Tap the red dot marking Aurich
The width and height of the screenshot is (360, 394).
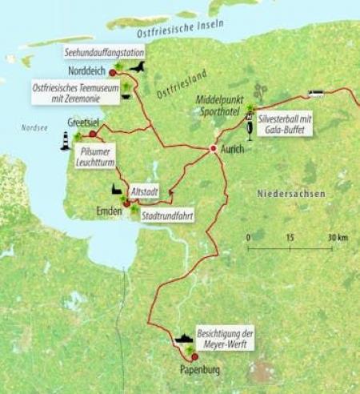pos(214,149)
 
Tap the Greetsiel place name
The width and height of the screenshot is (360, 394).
pos(70,124)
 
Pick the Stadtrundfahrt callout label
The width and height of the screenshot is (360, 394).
pos(166,215)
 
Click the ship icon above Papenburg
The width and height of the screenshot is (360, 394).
pos(186,339)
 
